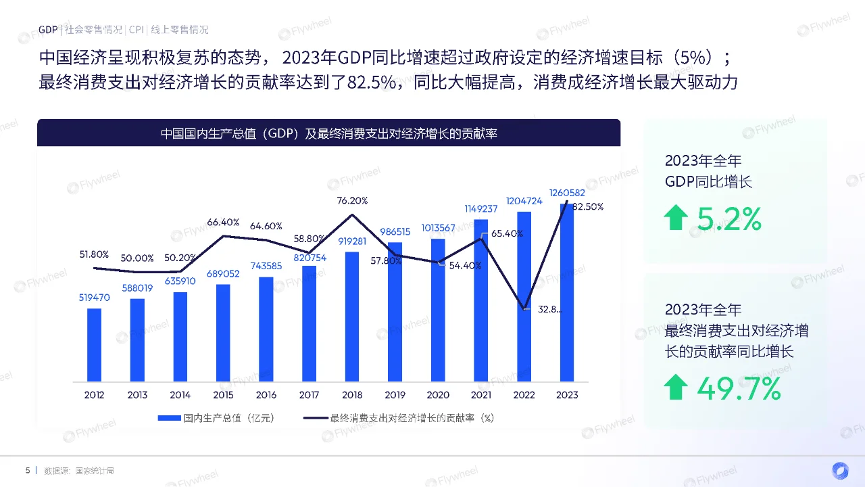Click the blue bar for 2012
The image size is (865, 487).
(95, 344)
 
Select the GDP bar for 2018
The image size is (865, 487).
(352, 316)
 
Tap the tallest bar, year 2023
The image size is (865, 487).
(568, 291)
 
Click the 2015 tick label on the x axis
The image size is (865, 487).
(223, 394)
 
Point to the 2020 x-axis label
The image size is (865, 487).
(438, 394)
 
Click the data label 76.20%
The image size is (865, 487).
(352, 200)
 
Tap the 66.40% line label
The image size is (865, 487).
(223, 222)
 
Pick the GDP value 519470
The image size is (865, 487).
(95, 297)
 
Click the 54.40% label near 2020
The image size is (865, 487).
(465, 266)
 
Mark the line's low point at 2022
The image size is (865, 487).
(524, 309)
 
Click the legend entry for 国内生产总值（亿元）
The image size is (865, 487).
(216, 418)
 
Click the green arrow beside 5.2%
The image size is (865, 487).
(676, 218)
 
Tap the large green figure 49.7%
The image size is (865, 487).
(739, 388)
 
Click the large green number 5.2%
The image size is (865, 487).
(729, 218)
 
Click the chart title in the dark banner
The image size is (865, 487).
(328, 133)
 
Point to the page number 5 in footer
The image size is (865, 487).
(28, 470)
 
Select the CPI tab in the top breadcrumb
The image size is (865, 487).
(136, 30)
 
